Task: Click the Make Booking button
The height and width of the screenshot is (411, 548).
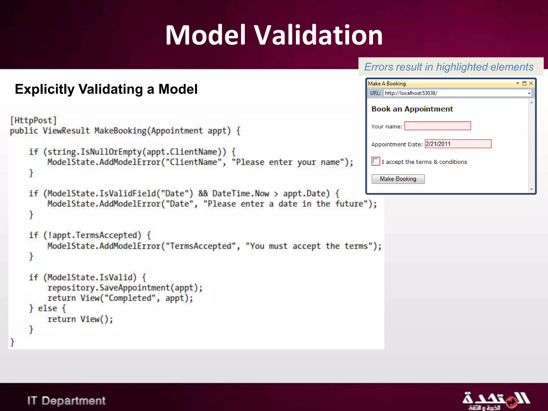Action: click(x=398, y=179)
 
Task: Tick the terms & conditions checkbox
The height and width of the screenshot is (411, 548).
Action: click(x=375, y=161)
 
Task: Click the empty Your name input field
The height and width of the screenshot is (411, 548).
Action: click(x=437, y=126)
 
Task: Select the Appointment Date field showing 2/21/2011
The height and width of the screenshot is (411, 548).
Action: click(x=458, y=144)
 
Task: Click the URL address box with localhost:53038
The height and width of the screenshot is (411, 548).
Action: click(x=455, y=93)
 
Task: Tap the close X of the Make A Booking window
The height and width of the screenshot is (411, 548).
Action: click(x=531, y=83)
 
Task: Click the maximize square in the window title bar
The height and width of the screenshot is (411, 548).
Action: click(x=524, y=83)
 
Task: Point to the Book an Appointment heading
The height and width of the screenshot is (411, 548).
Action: click(x=412, y=109)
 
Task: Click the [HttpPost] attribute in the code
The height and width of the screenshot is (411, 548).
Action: click(x=33, y=120)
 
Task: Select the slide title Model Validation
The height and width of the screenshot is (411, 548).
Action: click(x=274, y=35)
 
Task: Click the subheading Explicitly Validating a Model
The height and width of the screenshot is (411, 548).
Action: click(x=106, y=89)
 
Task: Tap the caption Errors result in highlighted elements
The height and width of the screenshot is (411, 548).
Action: click(x=449, y=67)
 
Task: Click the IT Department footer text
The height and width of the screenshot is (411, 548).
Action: click(x=66, y=401)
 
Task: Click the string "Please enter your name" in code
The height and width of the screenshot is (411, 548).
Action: click(x=288, y=162)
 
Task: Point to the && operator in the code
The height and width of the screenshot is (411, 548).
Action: click(x=203, y=193)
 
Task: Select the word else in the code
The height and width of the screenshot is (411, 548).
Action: click(x=47, y=308)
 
